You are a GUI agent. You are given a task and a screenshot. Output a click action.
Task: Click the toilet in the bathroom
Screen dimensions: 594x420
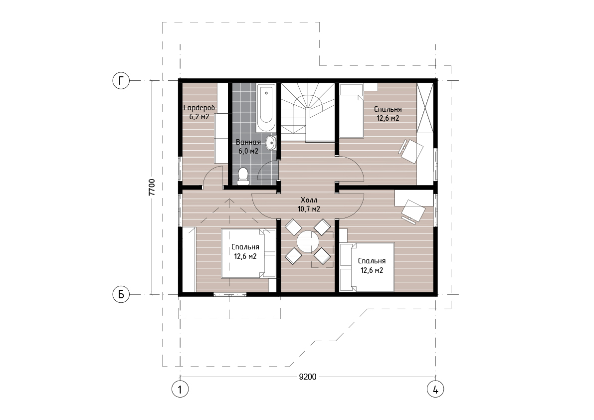click(x=243, y=177)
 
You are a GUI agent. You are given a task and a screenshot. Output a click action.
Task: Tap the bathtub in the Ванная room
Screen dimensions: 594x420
click(x=266, y=108)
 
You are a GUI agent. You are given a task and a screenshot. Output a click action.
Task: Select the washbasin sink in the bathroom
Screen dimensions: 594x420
click(x=271, y=143)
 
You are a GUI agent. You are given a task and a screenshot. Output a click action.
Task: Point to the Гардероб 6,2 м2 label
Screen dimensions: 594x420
click(x=199, y=112)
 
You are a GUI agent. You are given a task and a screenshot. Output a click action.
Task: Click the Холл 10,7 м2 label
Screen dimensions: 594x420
click(x=309, y=204)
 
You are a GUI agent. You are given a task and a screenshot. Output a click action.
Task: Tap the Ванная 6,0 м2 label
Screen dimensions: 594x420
click(x=248, y=147)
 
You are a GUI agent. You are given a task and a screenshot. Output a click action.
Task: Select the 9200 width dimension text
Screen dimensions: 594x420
click(x=308, y=377)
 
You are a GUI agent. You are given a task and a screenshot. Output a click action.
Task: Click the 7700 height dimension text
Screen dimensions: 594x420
click(x=152, y=188)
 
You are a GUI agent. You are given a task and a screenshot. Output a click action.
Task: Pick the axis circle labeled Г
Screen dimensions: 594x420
click(x=121, y=81)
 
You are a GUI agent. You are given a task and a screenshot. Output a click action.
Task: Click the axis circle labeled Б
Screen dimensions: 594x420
click(x=121, y=294)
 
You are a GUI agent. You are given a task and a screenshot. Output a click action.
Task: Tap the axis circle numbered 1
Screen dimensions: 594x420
click(x=180, y=389)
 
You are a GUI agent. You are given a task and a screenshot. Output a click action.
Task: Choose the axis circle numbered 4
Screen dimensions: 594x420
click(x=435, y=389)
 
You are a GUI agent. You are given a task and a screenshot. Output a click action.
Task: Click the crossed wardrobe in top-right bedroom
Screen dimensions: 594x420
click(x=424, y=107)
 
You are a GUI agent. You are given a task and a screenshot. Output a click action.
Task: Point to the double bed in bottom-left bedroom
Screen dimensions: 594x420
click(x=248, y=253)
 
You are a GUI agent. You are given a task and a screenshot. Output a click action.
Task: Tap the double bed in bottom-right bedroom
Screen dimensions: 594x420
click(x=368, y=267)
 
